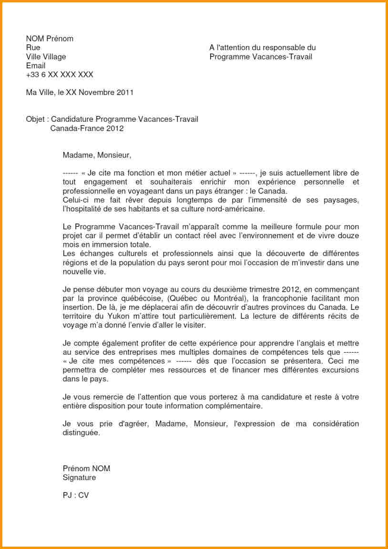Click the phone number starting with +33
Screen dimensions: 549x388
pos(60,74)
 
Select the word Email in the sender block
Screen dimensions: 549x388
pos(36,65)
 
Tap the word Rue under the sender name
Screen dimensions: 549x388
pos(33,48)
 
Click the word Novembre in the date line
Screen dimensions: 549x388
pos(97,93)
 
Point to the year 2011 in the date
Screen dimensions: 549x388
pos(125,93)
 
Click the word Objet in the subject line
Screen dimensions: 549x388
pos(35,119)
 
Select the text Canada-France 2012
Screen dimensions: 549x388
pos(87,128)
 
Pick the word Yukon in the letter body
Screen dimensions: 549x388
pos(119,316)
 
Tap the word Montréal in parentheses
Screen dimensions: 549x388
pos(223,298)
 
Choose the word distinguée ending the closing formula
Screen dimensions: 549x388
pos(81,433)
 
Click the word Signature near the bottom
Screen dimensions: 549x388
pos(79,478)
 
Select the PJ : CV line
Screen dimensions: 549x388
pos(75,496)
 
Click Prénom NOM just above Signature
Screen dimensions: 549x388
pos(86,469)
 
